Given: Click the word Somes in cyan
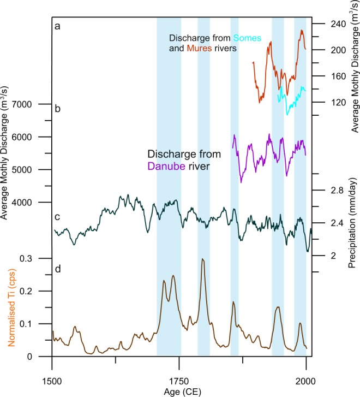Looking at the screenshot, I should [x=248, y=38].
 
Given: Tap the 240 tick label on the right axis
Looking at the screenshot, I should [x=326, y=24].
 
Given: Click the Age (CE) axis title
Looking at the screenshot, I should [x=179, y=392].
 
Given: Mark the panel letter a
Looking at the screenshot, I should [x=56, y=25].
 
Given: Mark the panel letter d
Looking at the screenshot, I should [x=56, y=267].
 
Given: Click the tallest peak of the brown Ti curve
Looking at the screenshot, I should [x=203, y=259].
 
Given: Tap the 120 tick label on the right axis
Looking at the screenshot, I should [x=326, y=103].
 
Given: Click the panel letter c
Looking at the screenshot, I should [x=56, y=217].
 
